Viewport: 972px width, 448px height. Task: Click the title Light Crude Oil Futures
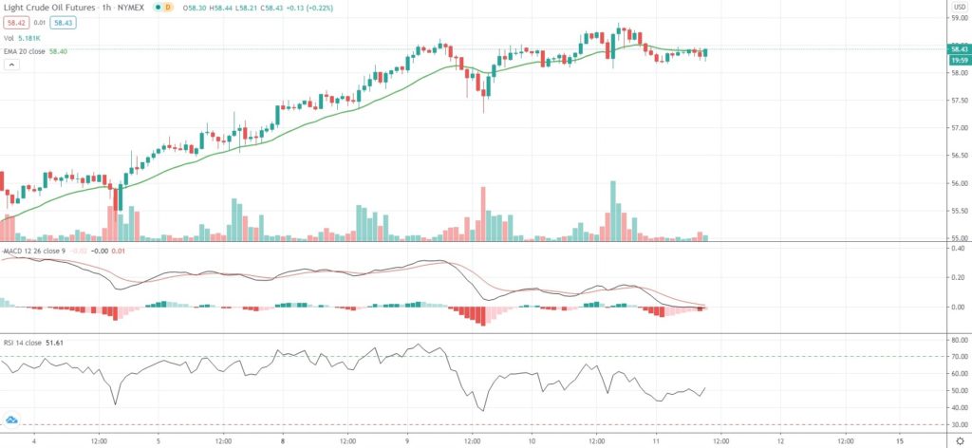pos(47,8)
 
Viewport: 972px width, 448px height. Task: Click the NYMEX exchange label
pos(129,8)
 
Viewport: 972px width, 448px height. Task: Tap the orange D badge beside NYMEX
pos(168,8)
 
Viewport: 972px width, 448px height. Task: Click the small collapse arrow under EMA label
pos(12,65)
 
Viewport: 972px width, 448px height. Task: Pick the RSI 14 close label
pos(25,340)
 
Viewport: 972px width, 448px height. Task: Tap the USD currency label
pos(959,7)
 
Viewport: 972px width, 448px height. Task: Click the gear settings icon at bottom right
pos(958,441)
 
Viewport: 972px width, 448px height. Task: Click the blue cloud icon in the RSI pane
pos(12,420)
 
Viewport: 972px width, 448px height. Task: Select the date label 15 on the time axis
pos(899,441)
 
